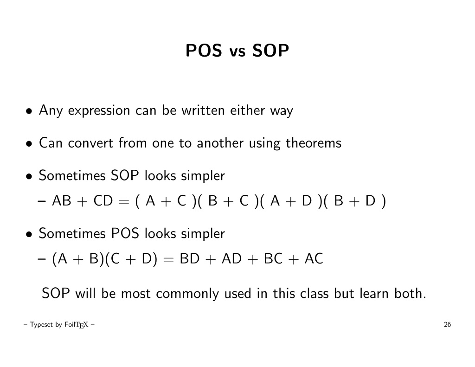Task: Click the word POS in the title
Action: [204, 50]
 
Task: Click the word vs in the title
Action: [237, 52]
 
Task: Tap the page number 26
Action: [447, 325]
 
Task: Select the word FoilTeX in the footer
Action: [77, 325]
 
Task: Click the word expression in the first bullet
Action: [99, 110]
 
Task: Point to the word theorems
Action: [314, 143]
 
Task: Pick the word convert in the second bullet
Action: [90, 143]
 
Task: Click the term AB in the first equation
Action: [62, 200]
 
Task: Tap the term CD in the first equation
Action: [103, 200]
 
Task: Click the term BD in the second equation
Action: [190, 259]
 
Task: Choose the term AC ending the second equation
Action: [314, 259]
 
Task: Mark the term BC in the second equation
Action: [273, 259]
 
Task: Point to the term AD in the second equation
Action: [231, 259]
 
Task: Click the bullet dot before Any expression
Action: [29, 111]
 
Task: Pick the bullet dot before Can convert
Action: [29, 144]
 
